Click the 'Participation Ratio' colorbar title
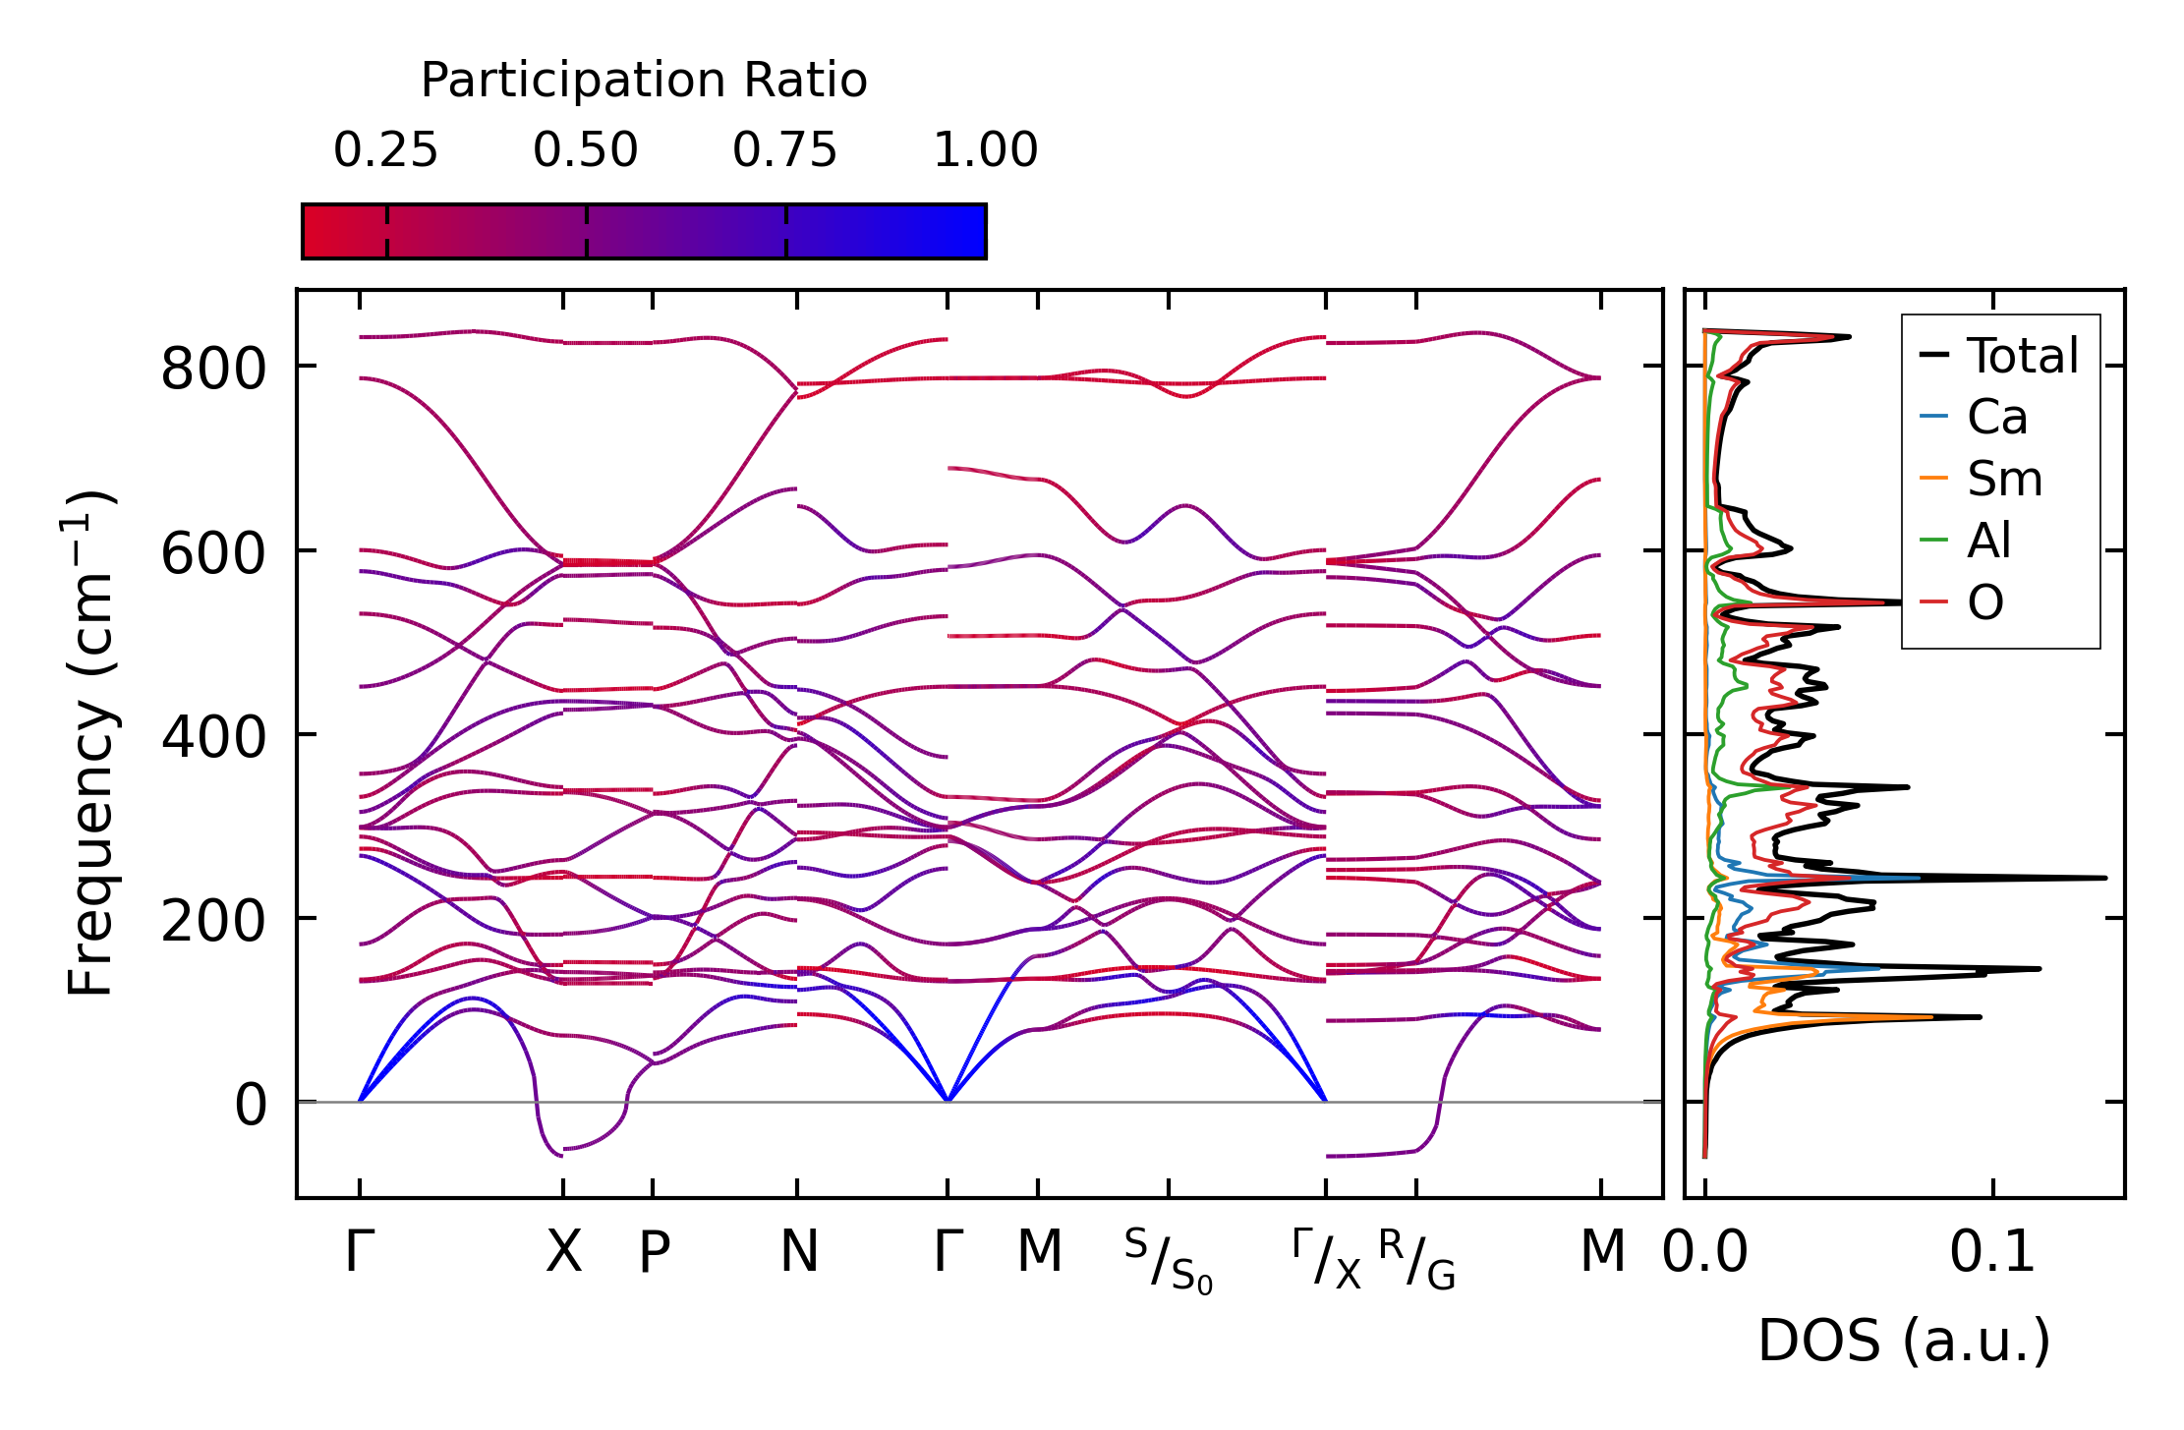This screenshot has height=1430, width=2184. point(644,81)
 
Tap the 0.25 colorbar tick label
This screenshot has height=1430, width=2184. point(385,151)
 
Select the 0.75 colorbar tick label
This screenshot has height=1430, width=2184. point(784,151)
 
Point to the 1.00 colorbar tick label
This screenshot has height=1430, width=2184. point(985,151)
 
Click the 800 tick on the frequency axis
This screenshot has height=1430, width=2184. point(213,370)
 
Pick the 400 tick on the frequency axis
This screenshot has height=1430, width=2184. point(213,737)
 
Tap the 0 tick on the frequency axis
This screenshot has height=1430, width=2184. point(251,1105)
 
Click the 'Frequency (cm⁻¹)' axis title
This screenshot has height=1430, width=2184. point(90,743)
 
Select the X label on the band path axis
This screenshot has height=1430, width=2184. point(563,1252)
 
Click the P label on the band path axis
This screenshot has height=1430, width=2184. point(654,1252)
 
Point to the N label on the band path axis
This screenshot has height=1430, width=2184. point(798,1252)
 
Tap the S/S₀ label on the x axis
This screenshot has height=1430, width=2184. point(1169,1261)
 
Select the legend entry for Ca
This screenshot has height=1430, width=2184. point(1996,418)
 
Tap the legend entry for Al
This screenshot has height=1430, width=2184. point(1988,541)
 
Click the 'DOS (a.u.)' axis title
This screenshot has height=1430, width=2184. point(1904,1341)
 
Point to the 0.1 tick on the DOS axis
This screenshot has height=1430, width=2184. point(1992,1252)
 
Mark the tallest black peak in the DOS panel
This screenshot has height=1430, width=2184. point(2103,877)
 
